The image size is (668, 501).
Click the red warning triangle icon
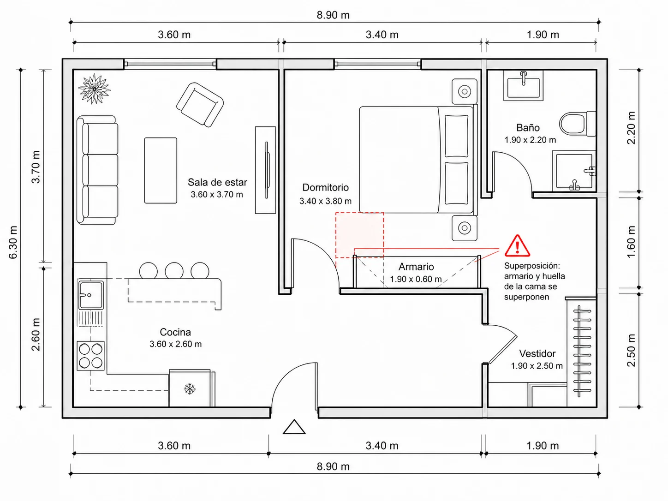pyautogui.click(x=517, y=245)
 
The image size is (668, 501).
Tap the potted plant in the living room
pyautogui.click(x=95, y=89)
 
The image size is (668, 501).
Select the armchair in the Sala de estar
pyautogui.click(x=200, y=105)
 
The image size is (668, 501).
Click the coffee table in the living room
pyautogui.click(x=161, y=170)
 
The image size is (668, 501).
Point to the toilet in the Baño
pyautogui.click(x=577, y=124)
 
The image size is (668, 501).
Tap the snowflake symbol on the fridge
pyautogui.click(x=190, y=389)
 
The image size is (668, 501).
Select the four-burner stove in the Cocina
pyautogui.click(x=91, y=356)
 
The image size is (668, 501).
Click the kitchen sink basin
pyautogui.click(x=91, y=295)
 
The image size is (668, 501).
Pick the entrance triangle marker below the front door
pyautogui.click(x=294, y=427)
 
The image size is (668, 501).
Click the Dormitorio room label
pyautogui.click(x=325, y=187)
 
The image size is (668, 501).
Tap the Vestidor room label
pyautogui.click(x=537, y=353)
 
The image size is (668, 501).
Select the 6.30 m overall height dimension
pyautogui.click(x=13, y=242)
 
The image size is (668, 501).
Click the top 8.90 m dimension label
pyautogui.click(x=333, y=15)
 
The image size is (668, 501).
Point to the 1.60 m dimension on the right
pyautogui.click(x=632, y=242)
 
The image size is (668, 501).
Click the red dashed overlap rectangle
pyautogui.click(x=359, y=235)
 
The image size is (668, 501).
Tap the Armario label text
pyautogui.click(x=416, y=267)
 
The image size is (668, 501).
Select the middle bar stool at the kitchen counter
pyautogui.click(x=174, y=270)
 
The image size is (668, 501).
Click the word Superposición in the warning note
pyautogui.click(x=532, y=266)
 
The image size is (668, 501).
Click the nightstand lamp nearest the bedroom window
pyautogui.click(x=465, y=91)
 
